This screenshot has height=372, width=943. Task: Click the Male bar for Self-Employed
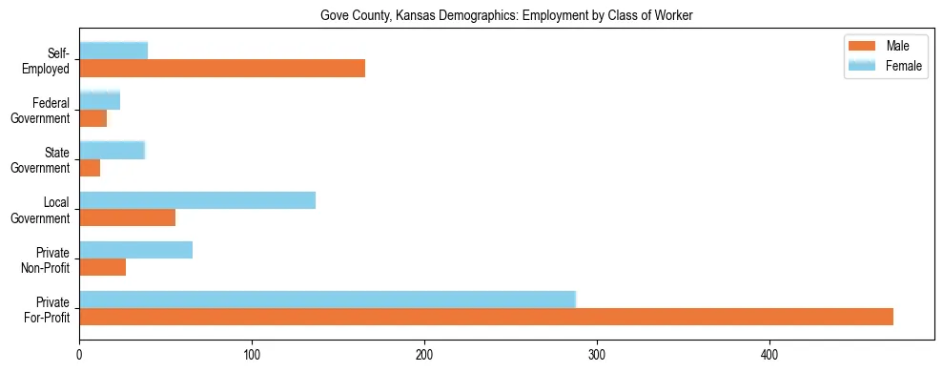[x=222, y=69]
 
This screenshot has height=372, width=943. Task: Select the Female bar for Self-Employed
[x=113, y=51]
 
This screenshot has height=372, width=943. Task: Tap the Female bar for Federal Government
[x=99, y=100]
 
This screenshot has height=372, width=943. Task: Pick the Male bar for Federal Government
[x=92, y=118]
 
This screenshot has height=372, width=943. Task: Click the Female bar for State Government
[x=112, y=150]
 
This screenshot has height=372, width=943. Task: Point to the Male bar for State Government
[x=90, y=168]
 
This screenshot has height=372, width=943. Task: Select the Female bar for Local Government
[x=197, y=199]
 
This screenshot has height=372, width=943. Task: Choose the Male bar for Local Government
[x=127, y=217]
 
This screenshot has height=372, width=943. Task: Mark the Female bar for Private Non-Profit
[x=135, y=250]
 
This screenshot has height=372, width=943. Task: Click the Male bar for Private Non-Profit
[x=102, y=268]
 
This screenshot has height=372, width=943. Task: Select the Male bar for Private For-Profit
[x=486, y=317]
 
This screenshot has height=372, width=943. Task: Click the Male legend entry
[x=885, y=47]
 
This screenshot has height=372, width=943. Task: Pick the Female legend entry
[x=885, y=65]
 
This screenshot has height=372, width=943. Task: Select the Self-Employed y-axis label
[x=51, y=60]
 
